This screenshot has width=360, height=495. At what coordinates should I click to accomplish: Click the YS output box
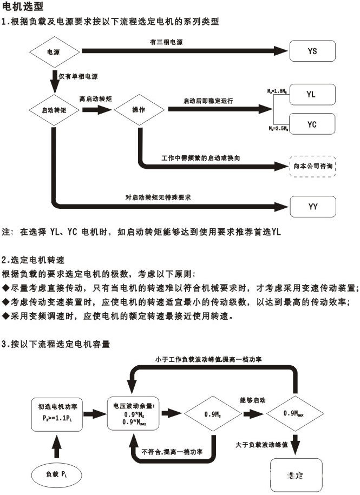click(312, 51)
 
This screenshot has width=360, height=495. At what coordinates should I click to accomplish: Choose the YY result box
click(312, 207)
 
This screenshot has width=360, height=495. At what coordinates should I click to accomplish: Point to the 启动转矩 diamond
click(54, 109)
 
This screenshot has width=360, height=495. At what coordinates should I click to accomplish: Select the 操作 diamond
click(139, 109)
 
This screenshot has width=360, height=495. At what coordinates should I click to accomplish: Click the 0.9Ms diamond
click(212, 414)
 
